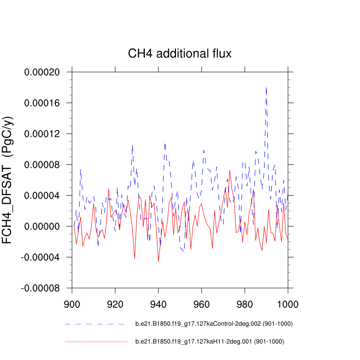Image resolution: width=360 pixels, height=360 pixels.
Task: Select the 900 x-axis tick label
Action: pos(72,304)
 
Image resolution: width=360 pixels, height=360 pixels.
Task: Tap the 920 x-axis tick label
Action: pos(115,304)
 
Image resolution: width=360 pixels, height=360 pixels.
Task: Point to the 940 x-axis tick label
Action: pos(158,304)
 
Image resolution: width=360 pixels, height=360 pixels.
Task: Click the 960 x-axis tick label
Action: pos(202,304)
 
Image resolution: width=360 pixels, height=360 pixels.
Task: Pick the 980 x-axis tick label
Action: pos(245,304)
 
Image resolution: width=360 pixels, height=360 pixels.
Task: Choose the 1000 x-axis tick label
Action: pos(287,304)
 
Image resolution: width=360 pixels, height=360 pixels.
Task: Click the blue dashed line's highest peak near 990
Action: pos(266,88)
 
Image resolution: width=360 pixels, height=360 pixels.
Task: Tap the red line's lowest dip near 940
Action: pos(158,261)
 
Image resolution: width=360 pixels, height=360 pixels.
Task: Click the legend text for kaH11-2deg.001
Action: pos(210,342)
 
